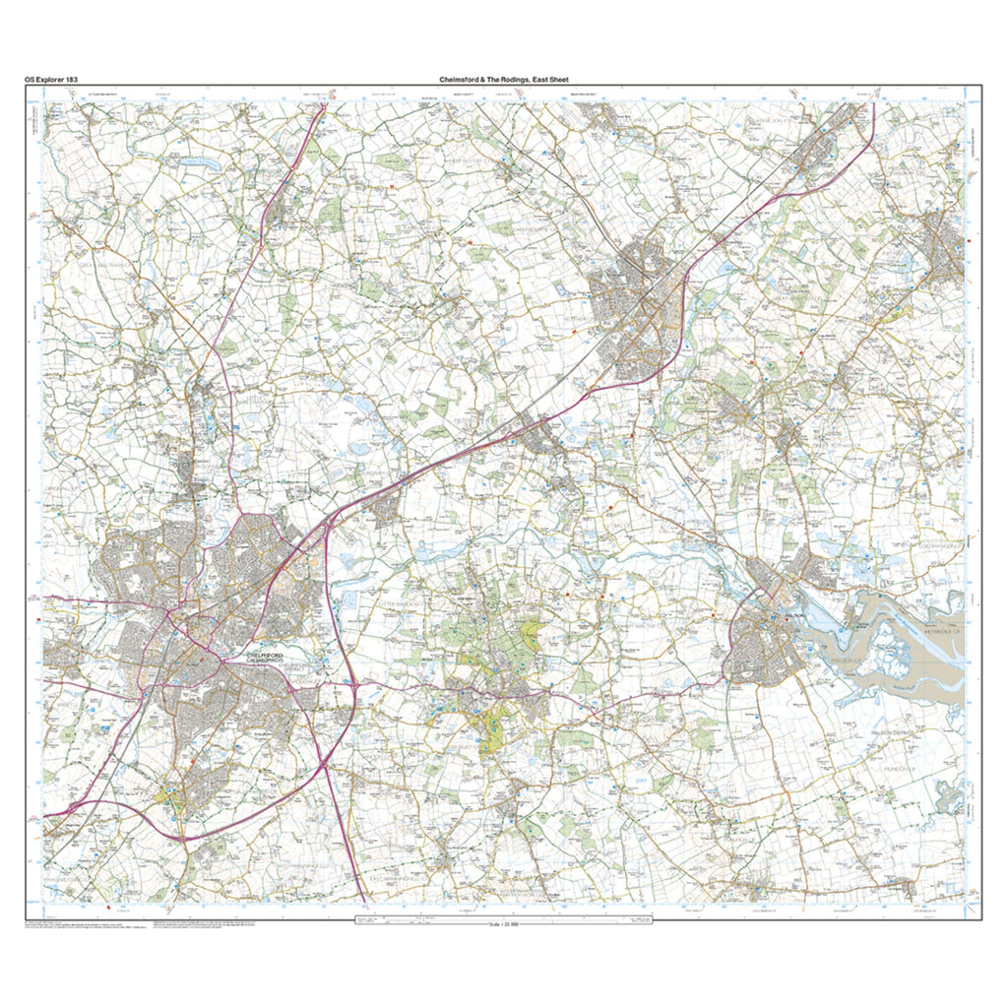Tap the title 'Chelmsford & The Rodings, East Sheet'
(x=503, y=79)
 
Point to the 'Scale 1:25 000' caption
(x=504, y=923)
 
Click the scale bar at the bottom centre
(x=504, y=916)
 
